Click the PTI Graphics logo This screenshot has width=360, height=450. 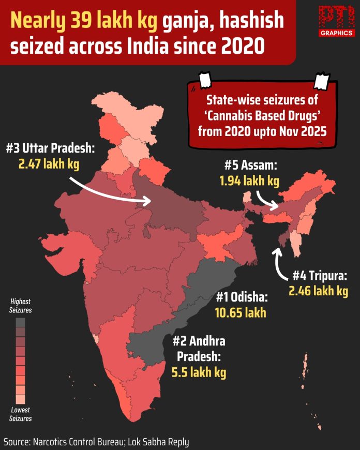pos(336,21)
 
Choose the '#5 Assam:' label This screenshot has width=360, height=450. pos(251,166)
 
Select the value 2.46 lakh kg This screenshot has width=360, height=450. pos(319,291)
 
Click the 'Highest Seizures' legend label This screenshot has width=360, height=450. pos(20,306)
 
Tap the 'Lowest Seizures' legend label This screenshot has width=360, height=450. pos(20,414)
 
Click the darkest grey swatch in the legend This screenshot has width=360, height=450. pos(20,322)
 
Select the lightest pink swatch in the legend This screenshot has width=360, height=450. pos(20,399)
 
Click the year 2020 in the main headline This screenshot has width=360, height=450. pos(243,47)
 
